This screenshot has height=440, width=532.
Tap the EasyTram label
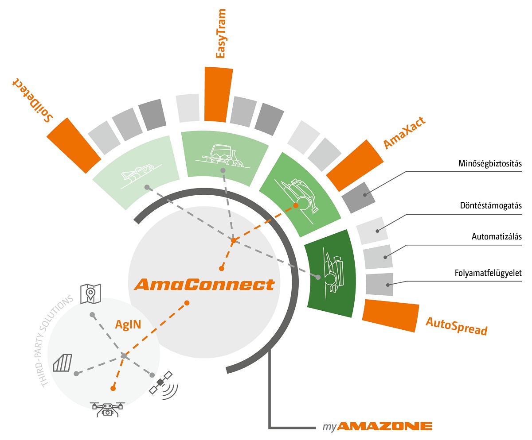tap(220, 33)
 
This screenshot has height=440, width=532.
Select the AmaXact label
tap(404, 133)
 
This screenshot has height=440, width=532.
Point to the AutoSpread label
tap(456, 326)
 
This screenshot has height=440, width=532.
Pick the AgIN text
tap(128, 324)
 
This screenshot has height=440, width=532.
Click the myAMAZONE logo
tap(377, 427)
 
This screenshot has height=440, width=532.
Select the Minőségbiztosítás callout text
tap(490, 164)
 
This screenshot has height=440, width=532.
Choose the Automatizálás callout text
tap(497, 236)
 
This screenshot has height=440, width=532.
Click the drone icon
tap(107, 408)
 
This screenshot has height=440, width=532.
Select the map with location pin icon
tap(90, 293)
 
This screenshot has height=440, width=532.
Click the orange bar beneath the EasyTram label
tap(218, 94)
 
